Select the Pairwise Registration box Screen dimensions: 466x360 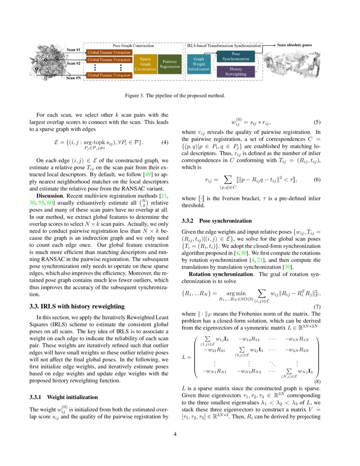pyautogui.click(x=169, y=64)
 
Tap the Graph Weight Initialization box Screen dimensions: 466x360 pyautogui.click(x=199, y=64)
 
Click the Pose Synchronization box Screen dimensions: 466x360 pyautogui.click(x=235, y=56)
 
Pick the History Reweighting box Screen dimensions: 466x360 pyautogui.click(x=235, y=71)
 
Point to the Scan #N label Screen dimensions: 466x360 pyautogui.click(x=74, y=78)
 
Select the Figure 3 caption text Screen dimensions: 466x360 pyautogui.click(x=180, y=95)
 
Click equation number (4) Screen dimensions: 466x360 pyautogui.click(x=166, y=142)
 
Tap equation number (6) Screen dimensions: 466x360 pyautogui.click(x=317, y=180)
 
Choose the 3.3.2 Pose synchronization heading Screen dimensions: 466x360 pyautogui.click(x=216, y=221)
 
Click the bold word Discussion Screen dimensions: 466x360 pyautogui.click(x=50, y=196)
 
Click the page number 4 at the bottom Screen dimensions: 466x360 pyautogui.click(x=180, y=434)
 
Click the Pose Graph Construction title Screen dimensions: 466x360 pyautogui.click(x=133, y=45)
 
